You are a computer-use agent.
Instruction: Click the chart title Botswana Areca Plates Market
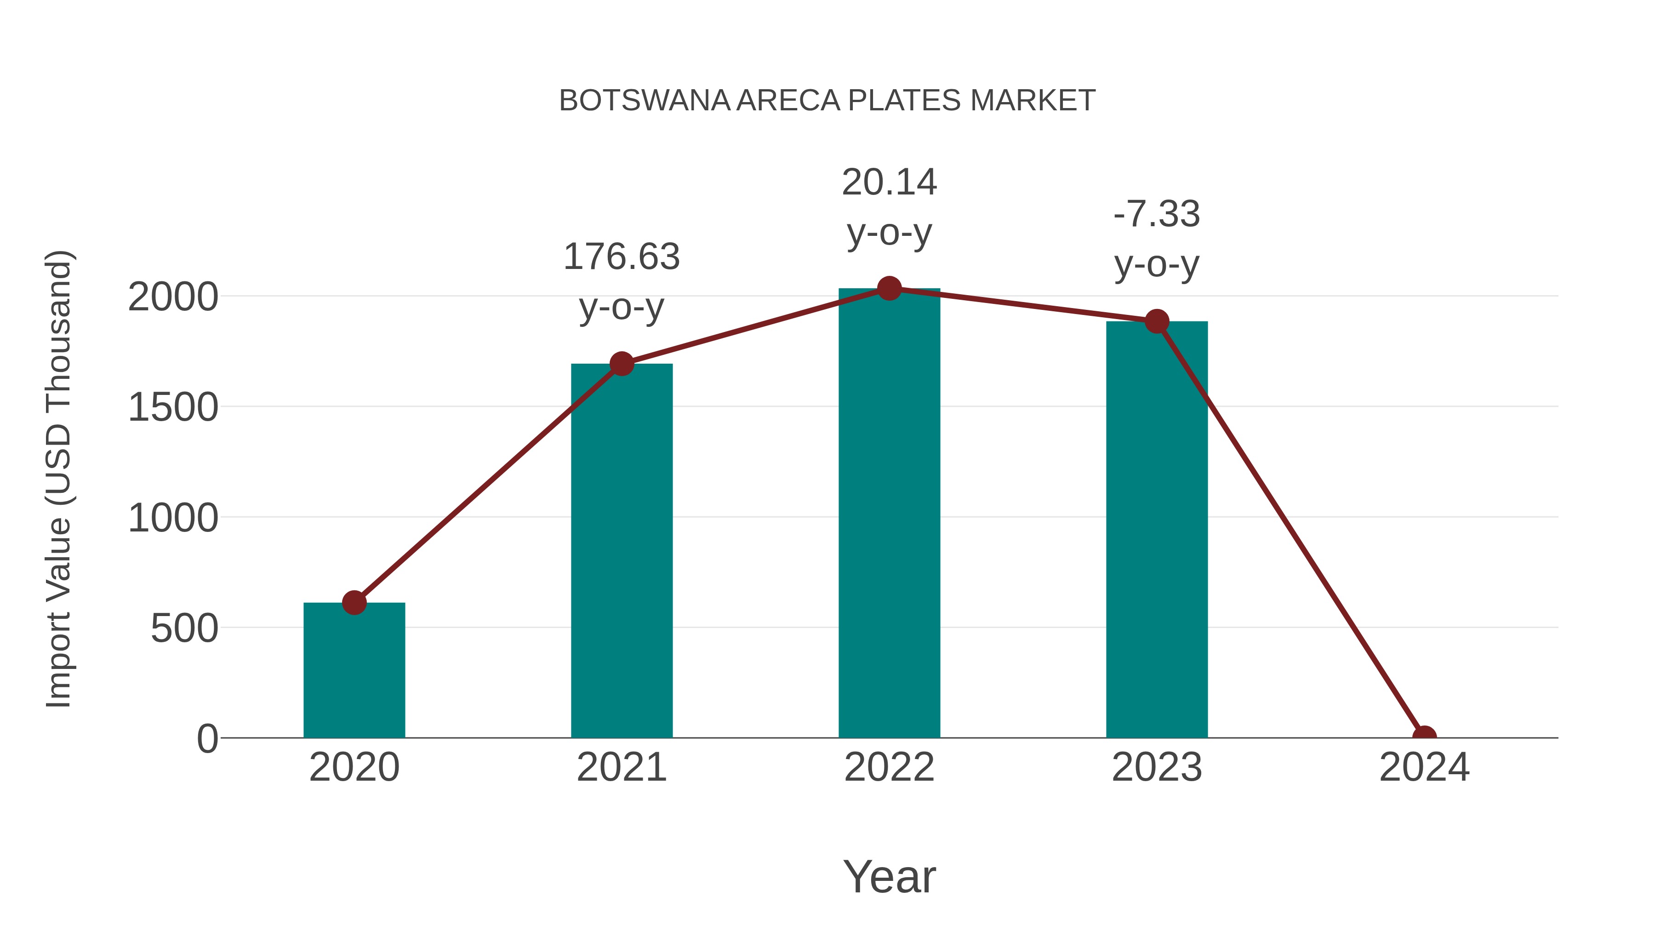point(827,101)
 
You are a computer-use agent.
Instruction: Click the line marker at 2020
point(354,603)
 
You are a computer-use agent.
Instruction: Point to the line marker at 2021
point(621,364)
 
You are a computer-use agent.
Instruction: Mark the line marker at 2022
point(889,288)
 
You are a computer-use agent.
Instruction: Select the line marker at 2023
point(1157,321)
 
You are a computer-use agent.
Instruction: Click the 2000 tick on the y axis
point(173,297)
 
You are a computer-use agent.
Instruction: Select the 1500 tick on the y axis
point(173,407)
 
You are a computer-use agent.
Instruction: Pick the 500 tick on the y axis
point(184,628)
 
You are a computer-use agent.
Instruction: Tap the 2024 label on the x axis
point(1424,767)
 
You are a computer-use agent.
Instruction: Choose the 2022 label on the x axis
point(889,767)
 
